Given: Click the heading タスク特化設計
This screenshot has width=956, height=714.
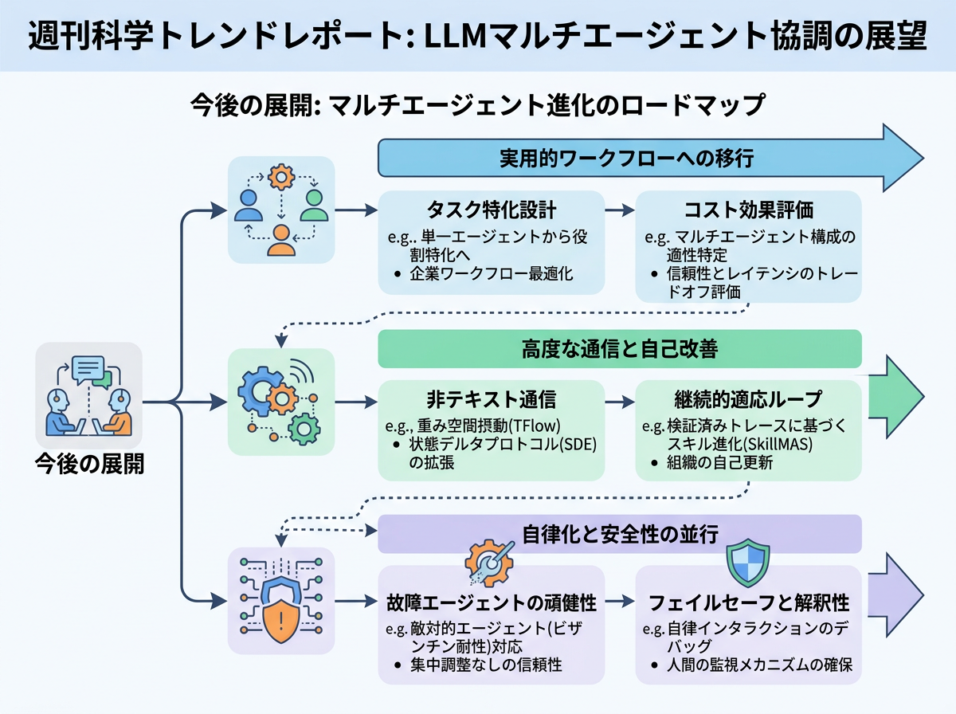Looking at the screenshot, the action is pos(491,210).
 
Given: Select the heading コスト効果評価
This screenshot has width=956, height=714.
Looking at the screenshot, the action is pos(748,210).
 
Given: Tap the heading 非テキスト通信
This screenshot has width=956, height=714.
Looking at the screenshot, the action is pos(491,399).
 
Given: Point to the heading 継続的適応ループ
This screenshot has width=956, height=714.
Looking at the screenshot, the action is pos(748,399).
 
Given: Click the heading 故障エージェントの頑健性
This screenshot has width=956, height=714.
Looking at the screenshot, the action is pos(491,603).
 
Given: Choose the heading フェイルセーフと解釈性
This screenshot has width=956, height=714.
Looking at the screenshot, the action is pos(748,603).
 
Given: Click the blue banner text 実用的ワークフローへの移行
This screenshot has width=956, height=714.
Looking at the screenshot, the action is pos(626,158).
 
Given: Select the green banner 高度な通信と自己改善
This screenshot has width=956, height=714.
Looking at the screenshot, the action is pos(619,349).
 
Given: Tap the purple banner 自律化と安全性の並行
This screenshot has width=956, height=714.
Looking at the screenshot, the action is pos(619,534).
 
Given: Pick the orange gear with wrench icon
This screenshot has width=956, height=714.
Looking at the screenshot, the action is pos(490,563).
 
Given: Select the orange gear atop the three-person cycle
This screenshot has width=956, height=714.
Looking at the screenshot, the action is pos(281,177).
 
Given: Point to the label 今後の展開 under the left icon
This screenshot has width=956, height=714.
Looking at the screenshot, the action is pos(90,464).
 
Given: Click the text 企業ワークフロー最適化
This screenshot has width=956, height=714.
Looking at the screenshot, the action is pos(492,274).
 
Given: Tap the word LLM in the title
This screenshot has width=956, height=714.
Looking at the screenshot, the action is pos(455,36).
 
